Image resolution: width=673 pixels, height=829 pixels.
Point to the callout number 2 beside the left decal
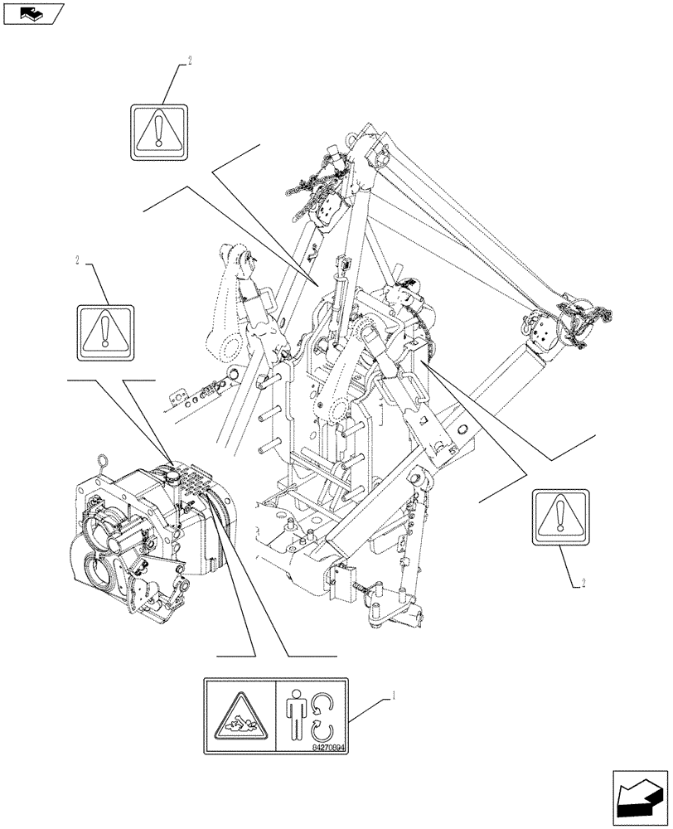pyautogui.click(x=77, y=260)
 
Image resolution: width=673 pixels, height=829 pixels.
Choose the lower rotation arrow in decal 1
pyautogui.click(x=321, y=731)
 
